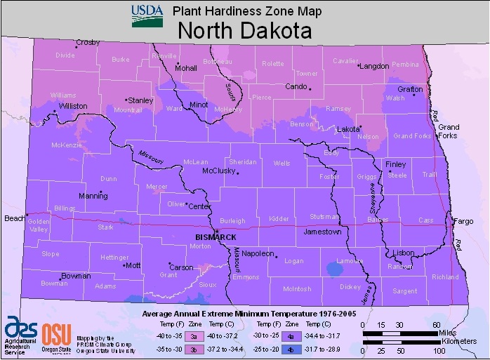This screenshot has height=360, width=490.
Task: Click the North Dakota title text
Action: coord(244,31)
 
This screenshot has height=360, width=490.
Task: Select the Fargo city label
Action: coord(464,221)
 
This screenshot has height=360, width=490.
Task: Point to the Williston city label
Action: coord(73,106)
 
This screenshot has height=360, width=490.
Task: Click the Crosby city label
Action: coord(88,42)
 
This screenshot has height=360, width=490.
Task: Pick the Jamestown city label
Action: coord(322,231)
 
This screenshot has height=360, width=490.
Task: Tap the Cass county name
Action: coord(425,220)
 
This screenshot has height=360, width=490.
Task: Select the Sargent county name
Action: coord(404,291)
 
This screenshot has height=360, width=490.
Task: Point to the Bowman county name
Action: coord(54,284)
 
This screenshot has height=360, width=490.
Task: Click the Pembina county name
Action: coord(404,65)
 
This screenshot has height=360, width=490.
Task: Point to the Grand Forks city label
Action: coord(448,131)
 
